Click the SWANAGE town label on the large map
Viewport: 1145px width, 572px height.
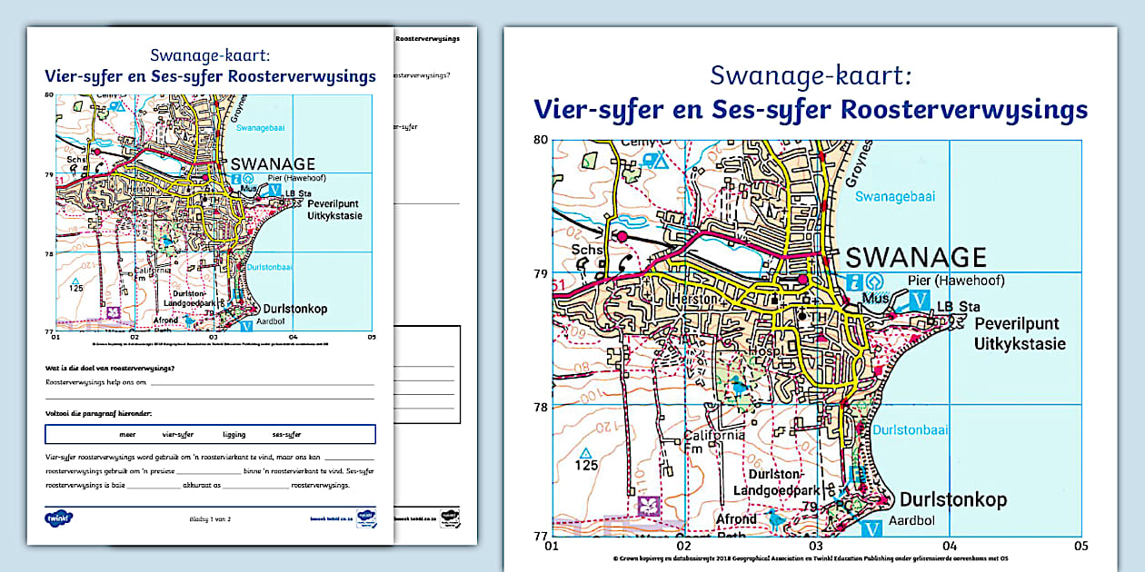click(916, 257)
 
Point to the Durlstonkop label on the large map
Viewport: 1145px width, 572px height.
click(953, 500)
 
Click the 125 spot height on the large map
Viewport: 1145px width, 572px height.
click(586, 466)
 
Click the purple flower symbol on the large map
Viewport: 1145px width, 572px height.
click(648, 505)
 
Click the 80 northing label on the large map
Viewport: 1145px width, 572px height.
click(541, 140)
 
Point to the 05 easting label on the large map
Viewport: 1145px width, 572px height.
click(1080, 547)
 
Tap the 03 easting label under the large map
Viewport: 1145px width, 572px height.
click(816, 547)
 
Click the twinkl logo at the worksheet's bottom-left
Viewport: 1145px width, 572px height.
click(58, 518)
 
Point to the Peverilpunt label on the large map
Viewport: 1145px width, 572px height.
click(1017, 324)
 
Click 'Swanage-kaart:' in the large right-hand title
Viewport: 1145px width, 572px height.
click(810, 74)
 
